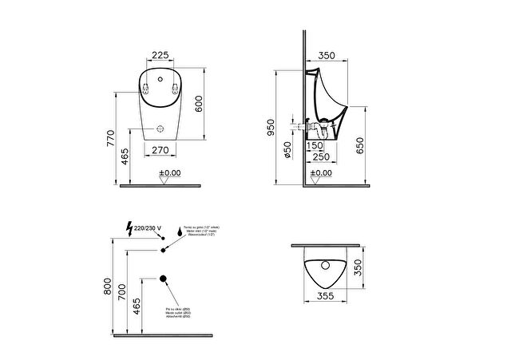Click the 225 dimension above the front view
160,56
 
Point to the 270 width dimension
160,148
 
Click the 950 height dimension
271,126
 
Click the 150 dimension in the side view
316,145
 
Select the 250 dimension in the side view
321,156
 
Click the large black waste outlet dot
164,279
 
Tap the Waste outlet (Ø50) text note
178,312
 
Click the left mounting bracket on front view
146,88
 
